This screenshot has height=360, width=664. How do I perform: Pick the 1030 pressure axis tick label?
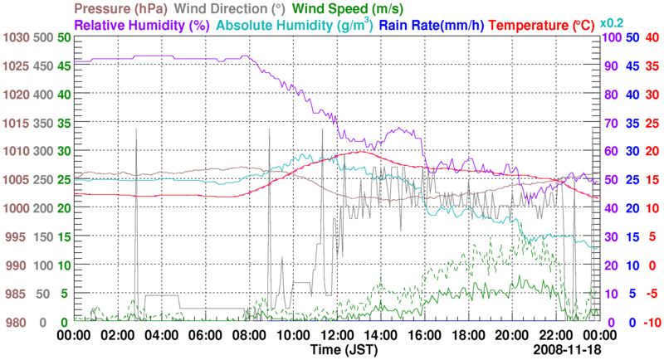click(x=15, y=38)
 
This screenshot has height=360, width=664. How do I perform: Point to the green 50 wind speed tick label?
click(x=64, y=38)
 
